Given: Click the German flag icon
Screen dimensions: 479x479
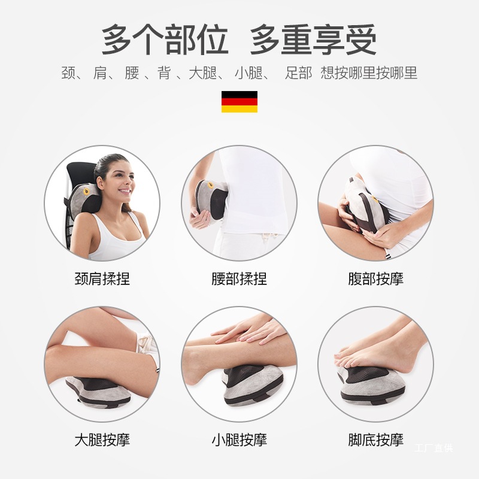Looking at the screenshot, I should (x=239, y=102).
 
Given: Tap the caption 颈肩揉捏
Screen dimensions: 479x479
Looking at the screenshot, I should (x=102, y=279).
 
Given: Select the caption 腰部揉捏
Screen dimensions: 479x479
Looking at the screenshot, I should (x=239, y=279).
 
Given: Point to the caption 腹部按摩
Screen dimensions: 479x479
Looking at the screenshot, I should (x=376, y=279).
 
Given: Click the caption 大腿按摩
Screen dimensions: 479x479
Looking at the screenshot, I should (x=102, y=440).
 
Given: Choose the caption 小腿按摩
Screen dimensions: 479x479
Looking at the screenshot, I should (x=239, y=440).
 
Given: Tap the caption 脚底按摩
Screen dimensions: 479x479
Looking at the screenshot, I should (x=376, y=440).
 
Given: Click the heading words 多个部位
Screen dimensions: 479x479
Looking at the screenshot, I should (x=165, y=41).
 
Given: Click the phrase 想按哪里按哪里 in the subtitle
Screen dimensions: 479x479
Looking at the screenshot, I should (x=369, y=74).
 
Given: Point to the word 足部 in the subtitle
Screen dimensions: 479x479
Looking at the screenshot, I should (x=299, y=74).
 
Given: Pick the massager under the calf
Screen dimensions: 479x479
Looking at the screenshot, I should (x=251, y=383).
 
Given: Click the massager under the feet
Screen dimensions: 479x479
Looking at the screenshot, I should (x=371, y=383).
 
